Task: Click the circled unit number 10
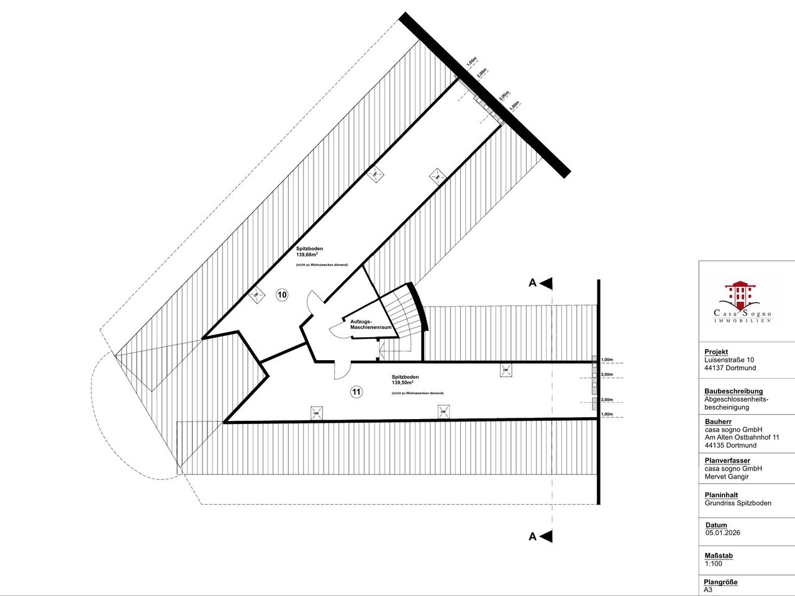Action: pyautogui.click(x=282, y=295)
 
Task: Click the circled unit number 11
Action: pyautogui.click(x=356, y=392)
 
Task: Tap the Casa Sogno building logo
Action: pyautogui.click(x=741, y=296)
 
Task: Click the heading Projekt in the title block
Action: pyautogui.click(x=715, y=351)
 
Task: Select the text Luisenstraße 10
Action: pyautogui.click(x=729, y=360)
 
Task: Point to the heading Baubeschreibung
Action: pyautogui.click(x=734, y=391)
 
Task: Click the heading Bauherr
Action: pyautogui.click(x=718, y=422)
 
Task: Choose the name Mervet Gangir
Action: pyautogui.click(x=727, y=477)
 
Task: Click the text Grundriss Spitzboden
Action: pyautogui.click(x=738, y=503)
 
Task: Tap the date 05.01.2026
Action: pyautogui.click(x=722, y=533)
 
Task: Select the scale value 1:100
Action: pyautogui.click(x=713, y=564)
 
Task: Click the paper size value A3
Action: pyautogui.click(x=709, y=590)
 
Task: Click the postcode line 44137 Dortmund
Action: pyautogui.click(x=730, y=368)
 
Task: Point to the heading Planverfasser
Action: pyautogui.click(x=727, y=461)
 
